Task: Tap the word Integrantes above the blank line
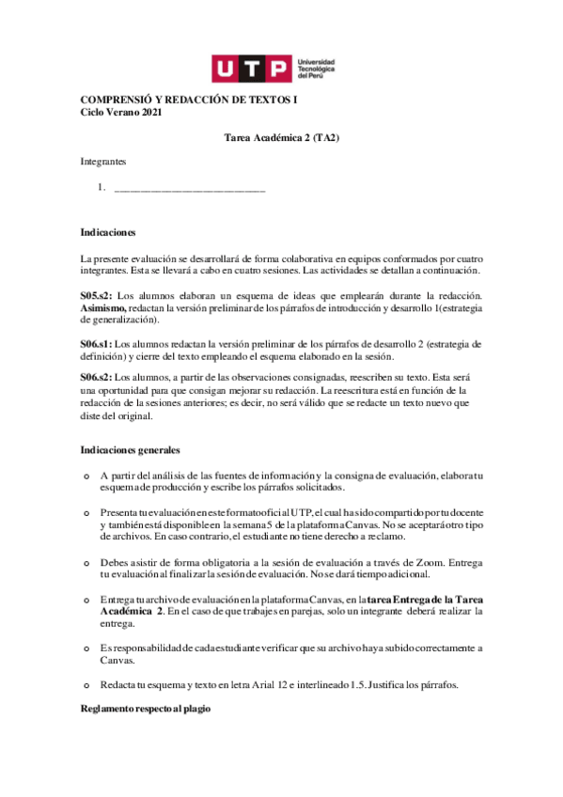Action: (x=103, y=162)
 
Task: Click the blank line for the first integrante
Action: (x=189, y=191)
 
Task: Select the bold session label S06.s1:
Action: (x=96, y=341)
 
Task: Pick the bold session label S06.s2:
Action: (x=96, y=377)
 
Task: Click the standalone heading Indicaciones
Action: (x=108, y=230)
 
